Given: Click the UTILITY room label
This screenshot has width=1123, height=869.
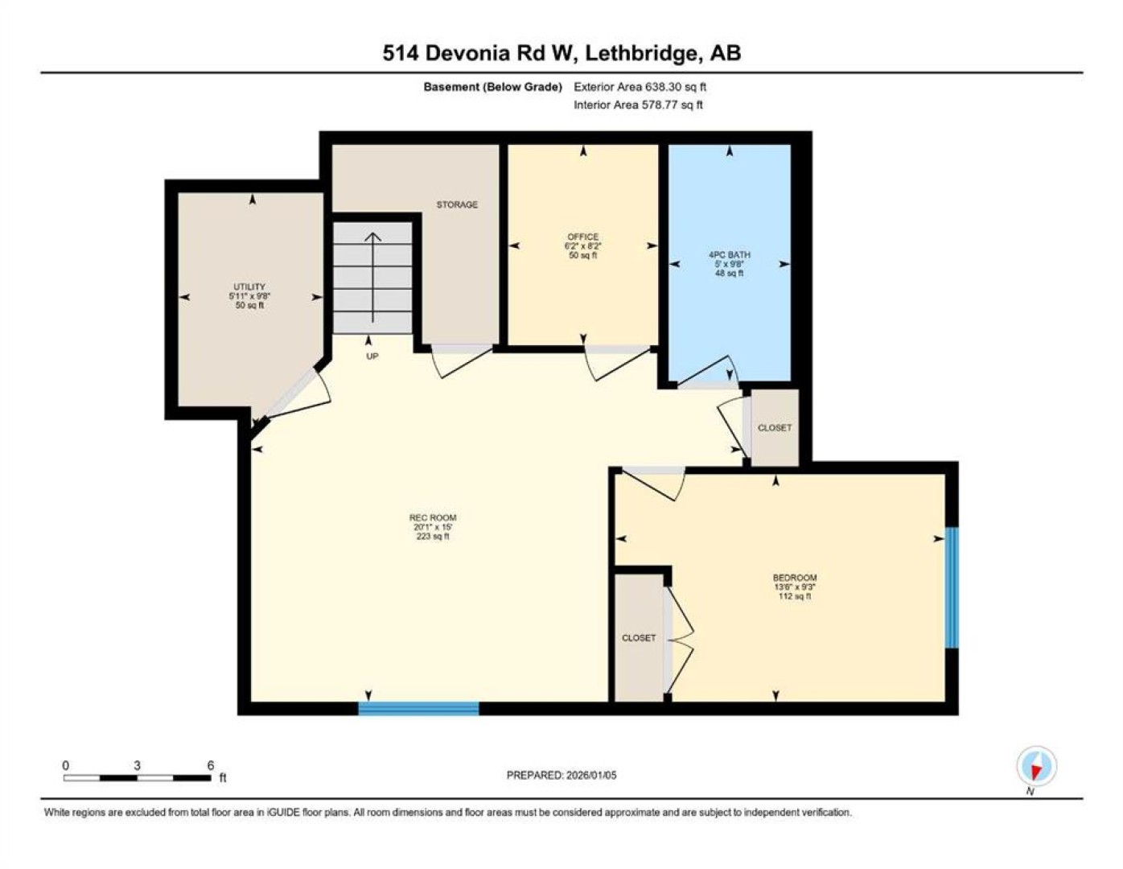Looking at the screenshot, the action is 249,286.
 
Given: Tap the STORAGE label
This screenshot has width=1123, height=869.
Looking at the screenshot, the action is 457,204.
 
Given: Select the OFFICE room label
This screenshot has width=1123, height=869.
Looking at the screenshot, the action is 583,237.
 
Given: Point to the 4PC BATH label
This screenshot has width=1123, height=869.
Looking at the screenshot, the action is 729,255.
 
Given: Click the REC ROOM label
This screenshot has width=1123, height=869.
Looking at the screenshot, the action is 433,517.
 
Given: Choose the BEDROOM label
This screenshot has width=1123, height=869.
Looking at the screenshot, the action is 795,578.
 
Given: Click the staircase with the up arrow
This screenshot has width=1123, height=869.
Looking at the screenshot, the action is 372,278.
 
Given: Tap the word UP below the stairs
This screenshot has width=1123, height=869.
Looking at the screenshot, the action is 372,356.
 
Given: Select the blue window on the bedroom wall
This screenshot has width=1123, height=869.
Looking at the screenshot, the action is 952,587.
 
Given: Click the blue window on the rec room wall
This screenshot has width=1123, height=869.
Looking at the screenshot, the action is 418,708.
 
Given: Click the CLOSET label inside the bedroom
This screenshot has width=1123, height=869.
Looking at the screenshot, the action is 639,638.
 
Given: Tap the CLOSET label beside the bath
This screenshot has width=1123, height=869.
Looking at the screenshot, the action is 774,427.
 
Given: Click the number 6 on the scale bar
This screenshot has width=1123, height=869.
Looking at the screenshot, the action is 210,766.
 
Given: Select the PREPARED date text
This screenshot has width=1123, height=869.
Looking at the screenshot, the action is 561,776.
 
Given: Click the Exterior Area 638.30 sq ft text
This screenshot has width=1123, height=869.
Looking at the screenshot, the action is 640,87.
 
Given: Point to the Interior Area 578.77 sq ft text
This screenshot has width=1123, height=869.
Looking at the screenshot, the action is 638,105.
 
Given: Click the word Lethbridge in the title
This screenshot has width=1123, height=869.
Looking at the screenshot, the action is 641,53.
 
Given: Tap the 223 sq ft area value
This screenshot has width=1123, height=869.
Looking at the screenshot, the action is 433,537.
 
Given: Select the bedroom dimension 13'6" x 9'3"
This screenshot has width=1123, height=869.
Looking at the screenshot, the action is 795,587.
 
